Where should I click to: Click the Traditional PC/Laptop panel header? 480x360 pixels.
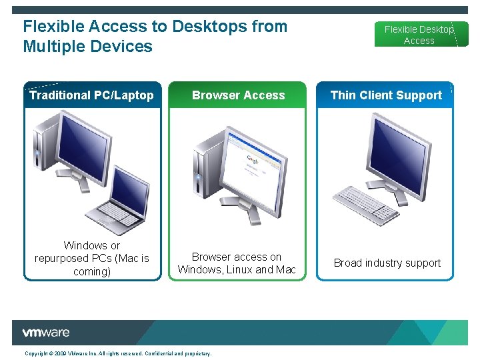pos(91,95)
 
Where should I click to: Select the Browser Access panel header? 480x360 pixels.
pos(238,95)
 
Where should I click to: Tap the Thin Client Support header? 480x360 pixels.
pos(386,95)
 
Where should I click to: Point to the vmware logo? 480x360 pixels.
pos(46,333)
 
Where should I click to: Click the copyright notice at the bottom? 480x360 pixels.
pos(118,353)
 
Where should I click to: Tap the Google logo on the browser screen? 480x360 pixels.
pos(253,160)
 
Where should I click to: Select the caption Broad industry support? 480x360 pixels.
pos(387,263)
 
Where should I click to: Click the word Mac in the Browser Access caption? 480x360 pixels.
pos(285,269)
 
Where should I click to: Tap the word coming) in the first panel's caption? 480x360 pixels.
pos(92,271)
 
